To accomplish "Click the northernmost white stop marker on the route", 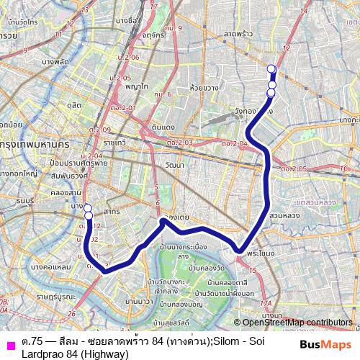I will pyautogui.click(x=271, y=69).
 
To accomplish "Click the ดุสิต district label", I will pyautogui.click(x=74, y=104).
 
